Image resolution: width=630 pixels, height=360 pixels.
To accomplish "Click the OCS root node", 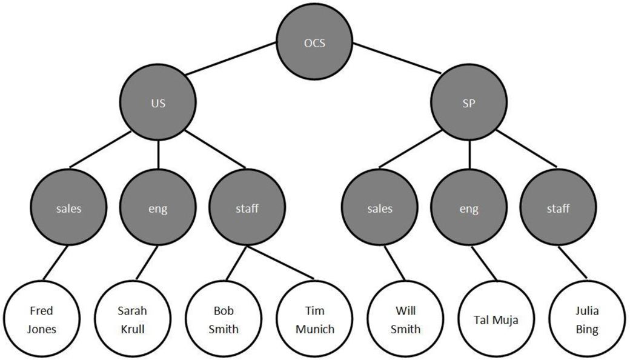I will pyautogui.click(x=315, y=43).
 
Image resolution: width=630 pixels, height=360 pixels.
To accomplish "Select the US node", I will pyautogui.click(x=158, y=103).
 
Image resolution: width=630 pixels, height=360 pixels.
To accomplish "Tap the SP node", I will pyautogui.click(x=469, y=103).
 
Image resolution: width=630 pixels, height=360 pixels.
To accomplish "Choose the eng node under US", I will pyautogui.click(x=158, y=208).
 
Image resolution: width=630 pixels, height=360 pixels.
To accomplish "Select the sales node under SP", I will pyautogui.click(x=380, y=208).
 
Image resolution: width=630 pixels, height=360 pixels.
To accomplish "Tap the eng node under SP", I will pyautogui.click(x=469, y=208).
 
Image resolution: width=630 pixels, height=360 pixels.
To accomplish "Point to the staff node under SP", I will pyautogui.click(x=558, y=208).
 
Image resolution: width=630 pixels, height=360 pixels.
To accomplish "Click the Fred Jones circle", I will pyautogui.click(x=41, y=320).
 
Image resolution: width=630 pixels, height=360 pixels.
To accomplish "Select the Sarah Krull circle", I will pyautogui.click(x=132, y=320).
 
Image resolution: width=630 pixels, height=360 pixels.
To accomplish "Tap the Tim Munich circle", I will pyautogui.click(x=314, y=320).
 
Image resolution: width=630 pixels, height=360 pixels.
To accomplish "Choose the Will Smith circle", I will pyautogui.click(x=405, y=320).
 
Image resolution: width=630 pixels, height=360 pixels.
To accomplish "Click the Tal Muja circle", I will pyautogui.click(x=496, y=320).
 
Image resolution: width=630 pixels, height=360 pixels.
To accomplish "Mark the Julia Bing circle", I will pyautogui.click(x=587, y=320).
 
